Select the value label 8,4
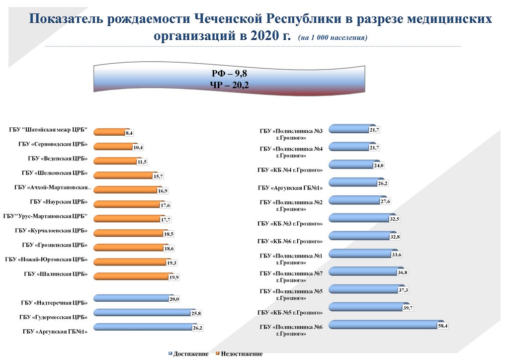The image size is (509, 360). coord(129,133)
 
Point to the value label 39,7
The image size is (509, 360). coord(409,308)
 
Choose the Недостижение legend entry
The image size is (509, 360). coord(242,354)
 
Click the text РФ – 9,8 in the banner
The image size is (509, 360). coord(229,74)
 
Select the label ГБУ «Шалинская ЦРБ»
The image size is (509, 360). coord(56,273)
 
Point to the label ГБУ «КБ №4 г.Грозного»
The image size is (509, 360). coord(290,170)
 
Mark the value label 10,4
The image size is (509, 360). coord(138,148)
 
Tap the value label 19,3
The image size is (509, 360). coord(172,263)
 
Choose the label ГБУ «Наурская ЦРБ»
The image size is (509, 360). coord(59,202)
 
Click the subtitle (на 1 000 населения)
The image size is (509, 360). coord(333,38)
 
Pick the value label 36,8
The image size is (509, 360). coord(402,272)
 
